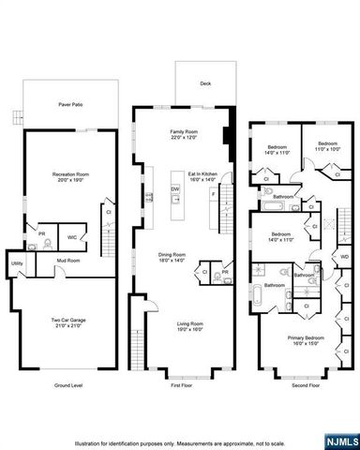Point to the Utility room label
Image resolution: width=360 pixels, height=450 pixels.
(x=17, y=264)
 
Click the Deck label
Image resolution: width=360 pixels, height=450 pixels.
(x=204, y=83)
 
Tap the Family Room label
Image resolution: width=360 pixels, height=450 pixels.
(x=183, y=132)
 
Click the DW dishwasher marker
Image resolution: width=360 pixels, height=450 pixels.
(x=174, y=190)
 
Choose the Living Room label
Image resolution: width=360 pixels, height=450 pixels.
(x=190, y=324)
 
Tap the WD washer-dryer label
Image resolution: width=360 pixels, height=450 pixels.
(x=345, y=256)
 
